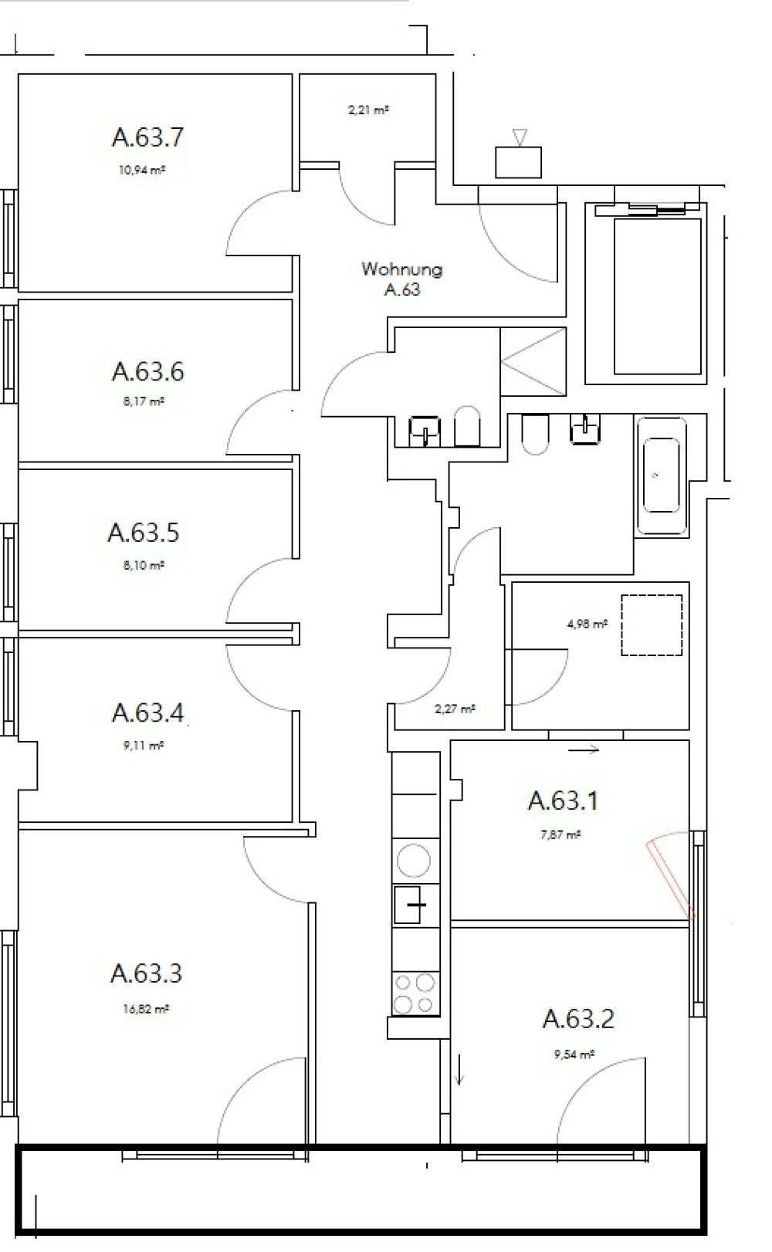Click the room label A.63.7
pos(147,137)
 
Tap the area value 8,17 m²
pos(141,401)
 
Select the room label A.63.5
pos(144,533)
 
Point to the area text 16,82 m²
pos(146,1008)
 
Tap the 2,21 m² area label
pos(367,110)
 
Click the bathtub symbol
pos(661,475)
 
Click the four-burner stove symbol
pos(414,993)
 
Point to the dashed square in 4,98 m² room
pos(652,625)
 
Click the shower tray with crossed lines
pos(533,361)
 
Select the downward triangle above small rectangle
pos(520,137)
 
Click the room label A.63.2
pos(577,1019)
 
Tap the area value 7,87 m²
pos(561,834)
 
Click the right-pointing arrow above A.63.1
pos(584,749)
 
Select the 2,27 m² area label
pos(455,709)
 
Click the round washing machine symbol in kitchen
pos(413,861)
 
